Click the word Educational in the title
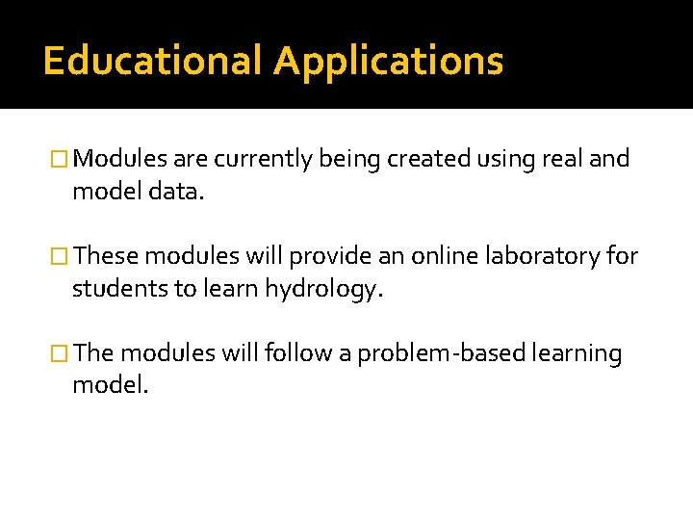point(152,62)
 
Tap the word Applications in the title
point(388,62)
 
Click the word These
point(105,256)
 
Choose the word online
point(439,256)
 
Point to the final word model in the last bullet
point(109,386)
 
